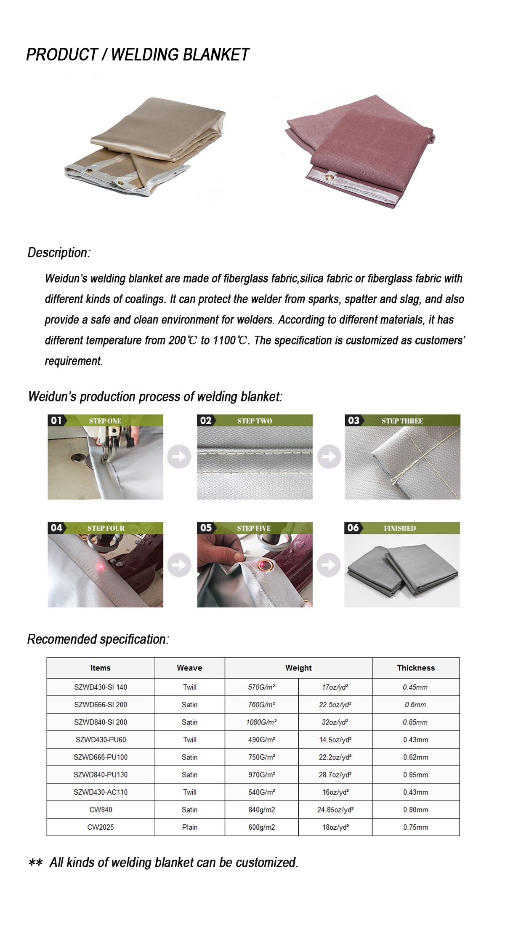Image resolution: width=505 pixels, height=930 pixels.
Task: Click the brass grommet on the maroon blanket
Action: (x=329, y=177)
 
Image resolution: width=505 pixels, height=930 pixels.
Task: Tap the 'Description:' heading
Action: (x=59, y=253)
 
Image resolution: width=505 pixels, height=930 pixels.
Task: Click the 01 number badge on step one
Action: (x=56, y=420)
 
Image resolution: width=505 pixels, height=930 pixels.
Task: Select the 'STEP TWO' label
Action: (x=255, y=421)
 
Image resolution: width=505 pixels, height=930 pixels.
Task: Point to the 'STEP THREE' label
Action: (x=402, y=421)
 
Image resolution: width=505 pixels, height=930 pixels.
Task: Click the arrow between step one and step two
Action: (x=179, y=457)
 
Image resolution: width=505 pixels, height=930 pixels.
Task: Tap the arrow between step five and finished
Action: (x=329, y=564)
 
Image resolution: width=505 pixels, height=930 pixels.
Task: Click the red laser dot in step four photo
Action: (x=101, y=567)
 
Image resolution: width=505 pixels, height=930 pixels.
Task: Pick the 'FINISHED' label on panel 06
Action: (x=400, y=528)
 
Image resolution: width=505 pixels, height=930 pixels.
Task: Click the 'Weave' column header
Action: (x=189, y=668)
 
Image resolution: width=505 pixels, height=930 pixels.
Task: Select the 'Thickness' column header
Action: (x=416, y=668)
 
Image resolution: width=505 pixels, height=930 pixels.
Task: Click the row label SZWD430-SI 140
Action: (x=101, y=687)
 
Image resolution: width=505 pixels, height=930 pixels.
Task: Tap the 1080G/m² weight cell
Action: (x=261, y=722)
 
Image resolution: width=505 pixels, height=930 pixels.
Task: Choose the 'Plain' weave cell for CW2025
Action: (x=189, y=827)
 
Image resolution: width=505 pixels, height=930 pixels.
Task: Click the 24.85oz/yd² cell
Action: (x=335, y=810)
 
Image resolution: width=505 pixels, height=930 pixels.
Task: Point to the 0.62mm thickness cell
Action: (x=416, y=757)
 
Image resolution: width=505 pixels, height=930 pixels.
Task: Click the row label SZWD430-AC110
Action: (x=101, y=792)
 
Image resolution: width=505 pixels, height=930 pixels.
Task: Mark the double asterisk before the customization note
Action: (x=35, y=863)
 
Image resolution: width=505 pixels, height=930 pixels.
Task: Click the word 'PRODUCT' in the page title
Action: (x=62, y=55)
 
